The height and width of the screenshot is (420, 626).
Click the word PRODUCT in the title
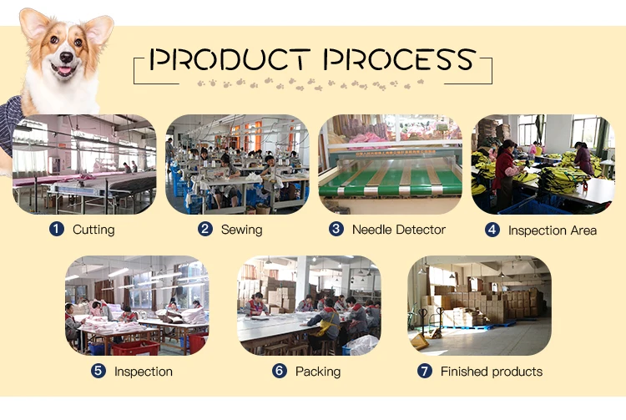(x=230, y=58)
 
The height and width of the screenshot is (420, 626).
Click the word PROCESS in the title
(x=400, y=58)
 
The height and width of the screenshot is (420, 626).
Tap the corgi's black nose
(x=66, y=57)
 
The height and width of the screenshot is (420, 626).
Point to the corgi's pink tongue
(x=64, y=71)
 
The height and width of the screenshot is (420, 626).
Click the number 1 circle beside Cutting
(x=57, y=229)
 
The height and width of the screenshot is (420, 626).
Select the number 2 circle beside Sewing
(x=205, y=229)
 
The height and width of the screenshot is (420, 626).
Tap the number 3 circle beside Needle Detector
(x=336, y=229)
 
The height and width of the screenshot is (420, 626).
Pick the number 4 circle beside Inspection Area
(x=492, y=230)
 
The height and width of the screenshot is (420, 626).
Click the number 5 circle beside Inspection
(x=98, y=371)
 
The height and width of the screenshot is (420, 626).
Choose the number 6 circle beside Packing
(x=280, y=371)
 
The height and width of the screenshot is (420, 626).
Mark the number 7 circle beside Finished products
(x=425, y=371)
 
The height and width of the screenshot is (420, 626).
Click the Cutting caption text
(x=93, y=230)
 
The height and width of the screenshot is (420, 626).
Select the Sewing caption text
(x=241, y=230)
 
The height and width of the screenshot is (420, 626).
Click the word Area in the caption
(x=583, y=230)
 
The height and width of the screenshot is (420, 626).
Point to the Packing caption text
(x=318, y=372)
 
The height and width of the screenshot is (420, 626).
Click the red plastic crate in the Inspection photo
(x=135, y=347)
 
